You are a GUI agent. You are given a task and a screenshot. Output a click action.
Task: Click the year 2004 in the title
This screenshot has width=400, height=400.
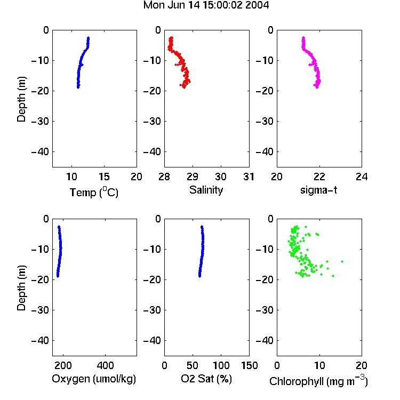257,5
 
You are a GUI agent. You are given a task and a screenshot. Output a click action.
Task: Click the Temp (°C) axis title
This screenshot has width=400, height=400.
94,192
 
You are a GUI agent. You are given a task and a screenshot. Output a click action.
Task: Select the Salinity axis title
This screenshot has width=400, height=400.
206,190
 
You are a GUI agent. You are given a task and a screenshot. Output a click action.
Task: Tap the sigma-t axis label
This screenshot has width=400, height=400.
318,190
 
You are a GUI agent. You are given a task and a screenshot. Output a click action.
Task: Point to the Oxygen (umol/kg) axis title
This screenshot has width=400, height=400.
94,379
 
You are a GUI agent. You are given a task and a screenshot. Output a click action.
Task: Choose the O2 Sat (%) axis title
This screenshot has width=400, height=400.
206,379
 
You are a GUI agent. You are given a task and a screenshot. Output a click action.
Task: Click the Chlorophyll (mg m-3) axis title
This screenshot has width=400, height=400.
318,381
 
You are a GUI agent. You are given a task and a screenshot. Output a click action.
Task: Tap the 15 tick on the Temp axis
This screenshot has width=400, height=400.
104,177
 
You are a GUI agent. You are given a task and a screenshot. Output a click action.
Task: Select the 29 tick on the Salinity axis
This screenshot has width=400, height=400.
193,177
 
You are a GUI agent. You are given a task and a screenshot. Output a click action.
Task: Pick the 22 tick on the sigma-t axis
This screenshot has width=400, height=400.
319,177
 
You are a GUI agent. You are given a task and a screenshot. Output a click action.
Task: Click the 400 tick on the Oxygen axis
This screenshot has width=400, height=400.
105,365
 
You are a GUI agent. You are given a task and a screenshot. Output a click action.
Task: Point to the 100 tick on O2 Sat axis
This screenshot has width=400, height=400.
221,365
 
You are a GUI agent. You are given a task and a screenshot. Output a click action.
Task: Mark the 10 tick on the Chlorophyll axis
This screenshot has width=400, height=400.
319,365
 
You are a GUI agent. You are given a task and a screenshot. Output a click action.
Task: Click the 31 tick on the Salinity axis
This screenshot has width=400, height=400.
249,177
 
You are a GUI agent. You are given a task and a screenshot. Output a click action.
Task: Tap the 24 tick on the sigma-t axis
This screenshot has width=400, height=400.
362,177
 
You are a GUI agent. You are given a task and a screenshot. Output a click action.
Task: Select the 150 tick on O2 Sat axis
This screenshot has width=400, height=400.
250,365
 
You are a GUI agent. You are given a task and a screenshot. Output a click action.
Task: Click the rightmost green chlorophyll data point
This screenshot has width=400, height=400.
342,261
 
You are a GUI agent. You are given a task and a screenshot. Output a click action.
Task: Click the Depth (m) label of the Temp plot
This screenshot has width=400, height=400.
21,99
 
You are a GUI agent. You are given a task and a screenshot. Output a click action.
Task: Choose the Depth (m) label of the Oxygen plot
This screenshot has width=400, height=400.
21,288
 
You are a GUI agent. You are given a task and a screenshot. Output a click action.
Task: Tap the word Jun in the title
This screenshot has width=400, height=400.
177,5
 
